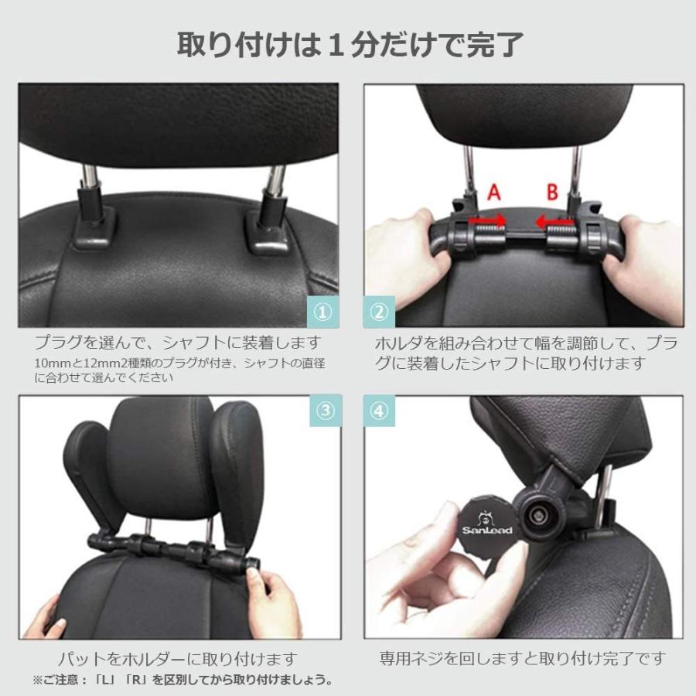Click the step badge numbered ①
(x=323, y=312)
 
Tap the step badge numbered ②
(x=379, y=312)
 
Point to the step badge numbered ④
(x=379, y=411)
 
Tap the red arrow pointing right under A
(x=490, y=222)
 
